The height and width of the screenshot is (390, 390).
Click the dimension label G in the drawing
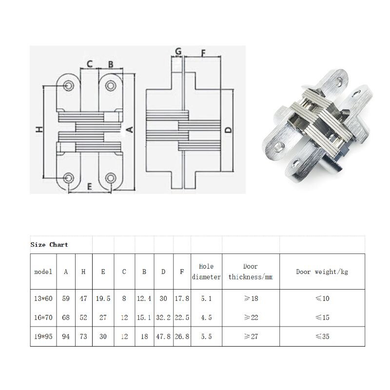[178, 51]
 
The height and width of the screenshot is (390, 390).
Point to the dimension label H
[39, 129]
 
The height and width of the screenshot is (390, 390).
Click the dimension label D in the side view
[227, 130]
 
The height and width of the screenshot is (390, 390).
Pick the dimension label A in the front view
[130, 129]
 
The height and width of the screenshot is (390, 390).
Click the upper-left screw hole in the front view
[68, 86]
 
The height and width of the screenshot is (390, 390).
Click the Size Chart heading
[49, 244]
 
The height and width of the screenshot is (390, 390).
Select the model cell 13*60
[43, 298]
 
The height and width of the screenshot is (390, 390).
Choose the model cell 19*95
[43, 336]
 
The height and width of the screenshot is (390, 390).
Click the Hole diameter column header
[206, 272]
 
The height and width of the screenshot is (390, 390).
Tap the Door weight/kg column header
[322, 272]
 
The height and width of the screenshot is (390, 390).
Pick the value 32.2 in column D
[163, 317]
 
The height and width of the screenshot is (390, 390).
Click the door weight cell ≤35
[322, 336]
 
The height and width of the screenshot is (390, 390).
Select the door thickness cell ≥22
[251, 317]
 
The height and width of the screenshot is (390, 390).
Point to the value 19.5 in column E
[103, 298]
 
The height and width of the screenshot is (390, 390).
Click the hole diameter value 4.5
[206, 317]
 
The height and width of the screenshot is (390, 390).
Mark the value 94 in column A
[66, 336]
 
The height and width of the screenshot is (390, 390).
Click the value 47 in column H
[83, 298]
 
